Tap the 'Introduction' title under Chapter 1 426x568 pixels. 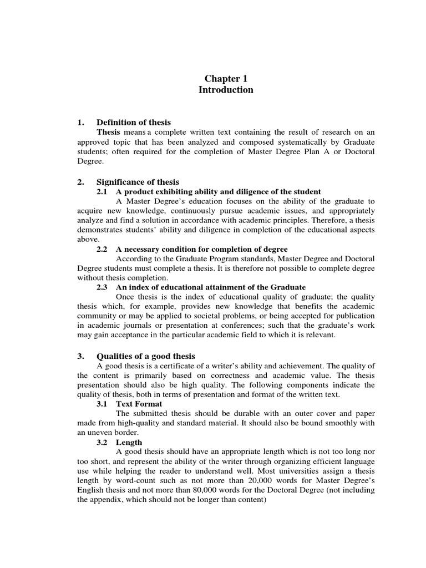(x=226, y=90)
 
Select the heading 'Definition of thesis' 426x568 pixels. (x=134, y=122)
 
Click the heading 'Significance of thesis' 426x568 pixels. (x=138, y=182)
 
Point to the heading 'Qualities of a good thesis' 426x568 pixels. (x=146, y=356)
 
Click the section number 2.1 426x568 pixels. (x=102, y=191)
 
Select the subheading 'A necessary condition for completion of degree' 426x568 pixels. (x=202, y=249)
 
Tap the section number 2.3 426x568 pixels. (x=102, y=287)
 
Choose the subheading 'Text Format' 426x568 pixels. (x=139, y=404)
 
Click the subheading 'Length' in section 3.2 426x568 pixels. (x=129, y=442)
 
